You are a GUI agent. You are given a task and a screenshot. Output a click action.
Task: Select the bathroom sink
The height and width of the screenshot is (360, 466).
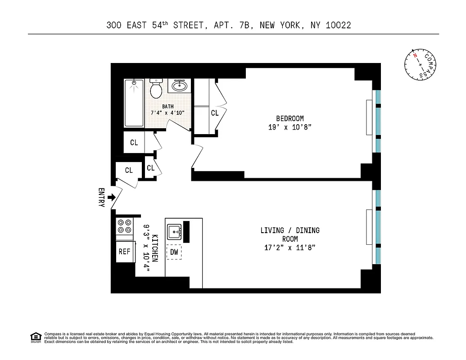click(180, 85)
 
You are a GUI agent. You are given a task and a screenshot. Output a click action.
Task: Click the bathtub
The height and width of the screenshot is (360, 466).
click(134, 103)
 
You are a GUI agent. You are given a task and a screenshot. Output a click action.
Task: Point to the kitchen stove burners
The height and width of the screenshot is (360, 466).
click(125, 226)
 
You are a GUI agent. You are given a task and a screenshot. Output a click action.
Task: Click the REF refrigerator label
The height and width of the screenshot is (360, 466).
click(124, 252)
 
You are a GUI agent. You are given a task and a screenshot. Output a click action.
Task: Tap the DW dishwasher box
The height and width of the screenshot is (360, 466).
click(174, 252)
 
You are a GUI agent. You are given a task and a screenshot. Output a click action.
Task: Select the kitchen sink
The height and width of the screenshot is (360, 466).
click(175, 232)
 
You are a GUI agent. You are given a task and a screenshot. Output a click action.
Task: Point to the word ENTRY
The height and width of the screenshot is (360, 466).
click(101, 198)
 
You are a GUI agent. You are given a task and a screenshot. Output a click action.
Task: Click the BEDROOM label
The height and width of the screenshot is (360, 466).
click(290, 118)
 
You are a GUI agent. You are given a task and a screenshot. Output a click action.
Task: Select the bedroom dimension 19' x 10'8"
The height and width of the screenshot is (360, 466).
click(290, 127)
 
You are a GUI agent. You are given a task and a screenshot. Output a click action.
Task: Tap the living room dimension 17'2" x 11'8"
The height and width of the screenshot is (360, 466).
click(290, 247)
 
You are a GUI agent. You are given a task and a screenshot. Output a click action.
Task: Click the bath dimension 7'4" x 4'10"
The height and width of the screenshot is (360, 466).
click(167, 113)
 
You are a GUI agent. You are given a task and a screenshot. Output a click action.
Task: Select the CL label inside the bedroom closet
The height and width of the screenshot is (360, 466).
click(215, 113)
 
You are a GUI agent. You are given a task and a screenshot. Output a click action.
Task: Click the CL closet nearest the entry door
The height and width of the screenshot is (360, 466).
click(129, 170)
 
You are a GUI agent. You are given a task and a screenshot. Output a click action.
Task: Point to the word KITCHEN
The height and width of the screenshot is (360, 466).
click(155, 248)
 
